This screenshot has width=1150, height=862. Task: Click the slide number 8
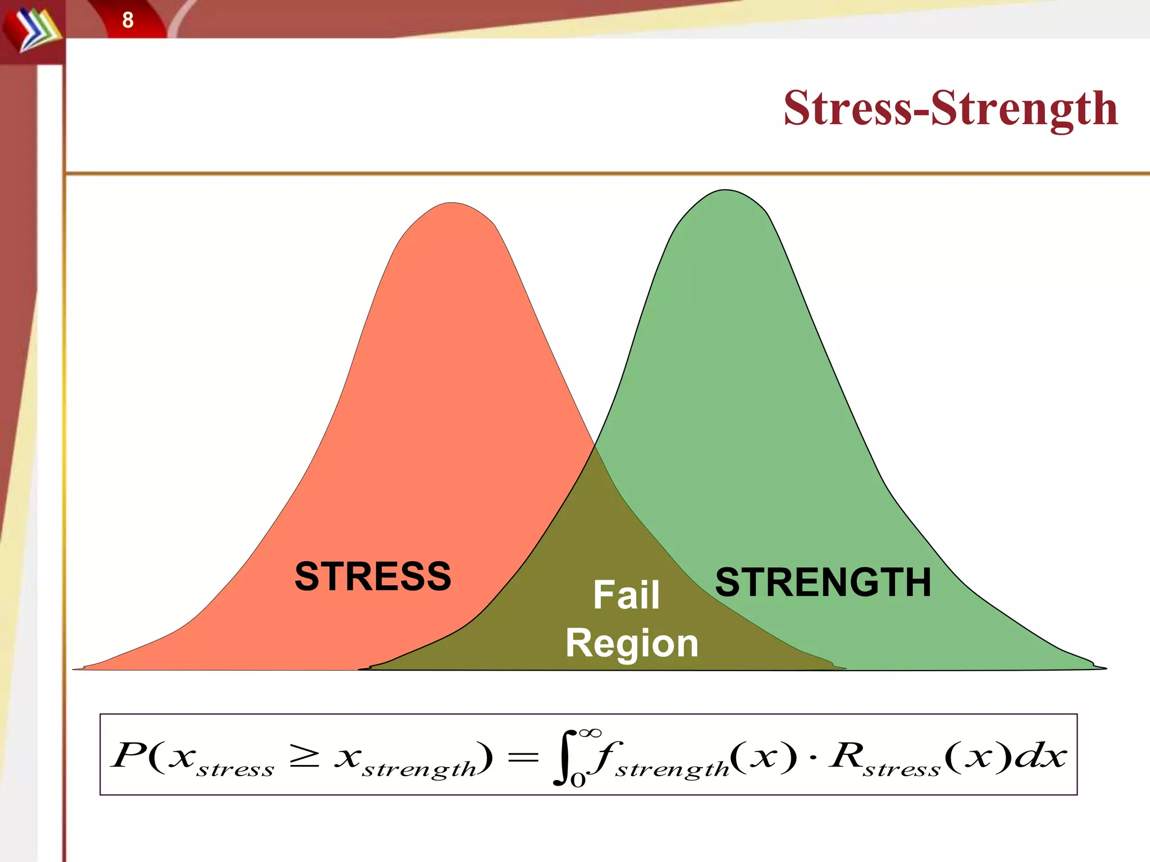[127, 20]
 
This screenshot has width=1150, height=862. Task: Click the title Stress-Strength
[950, 108]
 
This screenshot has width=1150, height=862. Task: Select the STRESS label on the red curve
[373, 576]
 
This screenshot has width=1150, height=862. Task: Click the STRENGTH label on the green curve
[823, 582]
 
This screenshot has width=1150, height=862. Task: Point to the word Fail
[626, 595]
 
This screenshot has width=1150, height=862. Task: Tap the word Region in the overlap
[632, 643]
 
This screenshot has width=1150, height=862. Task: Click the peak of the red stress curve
[452, 203]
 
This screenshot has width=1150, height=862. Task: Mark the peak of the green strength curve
[724, 191]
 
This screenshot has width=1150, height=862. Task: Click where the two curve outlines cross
[595, 447]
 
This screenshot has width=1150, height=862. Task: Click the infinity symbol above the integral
[590, 732]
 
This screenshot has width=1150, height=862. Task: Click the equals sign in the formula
[522, 757]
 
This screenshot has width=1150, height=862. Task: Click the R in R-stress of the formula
[847, 755]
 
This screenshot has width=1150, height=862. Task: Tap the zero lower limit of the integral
[578, 780]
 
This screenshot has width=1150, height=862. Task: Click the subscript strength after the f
[672, 769]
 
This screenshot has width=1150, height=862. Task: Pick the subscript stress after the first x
[235, 769]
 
